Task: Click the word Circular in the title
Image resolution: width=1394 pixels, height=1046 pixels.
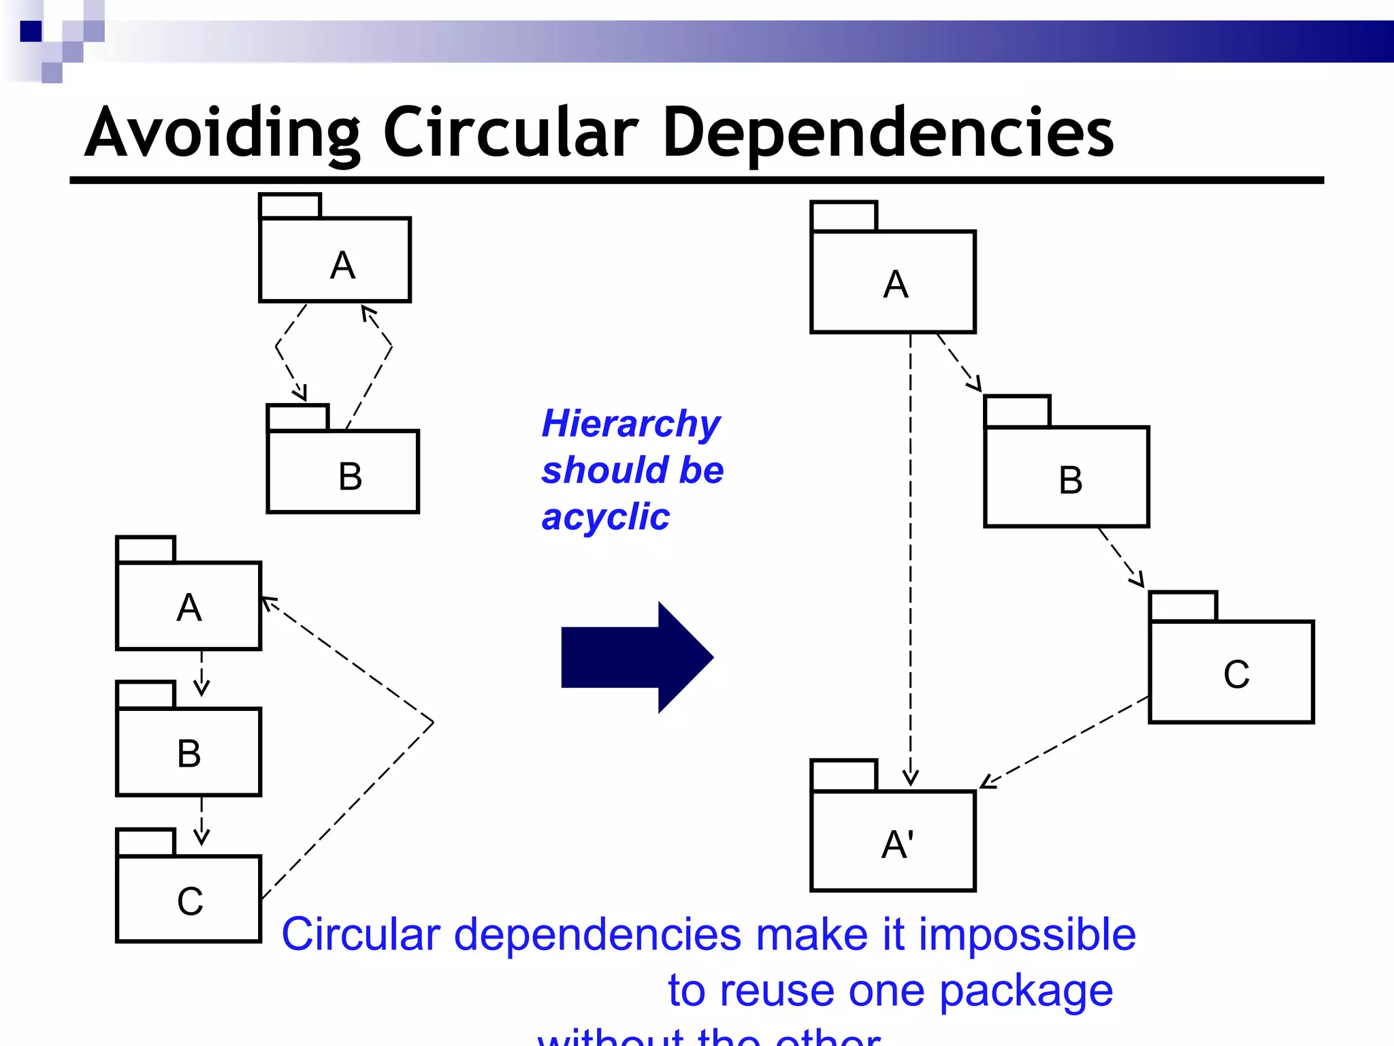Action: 510,133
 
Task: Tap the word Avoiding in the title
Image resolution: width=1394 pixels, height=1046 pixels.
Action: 222,133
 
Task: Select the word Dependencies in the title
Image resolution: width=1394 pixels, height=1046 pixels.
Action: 888,133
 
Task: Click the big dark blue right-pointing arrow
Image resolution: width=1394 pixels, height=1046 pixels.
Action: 636,658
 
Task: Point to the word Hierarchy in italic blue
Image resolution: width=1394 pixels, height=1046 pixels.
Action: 630,424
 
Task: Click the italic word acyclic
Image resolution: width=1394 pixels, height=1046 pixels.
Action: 605,517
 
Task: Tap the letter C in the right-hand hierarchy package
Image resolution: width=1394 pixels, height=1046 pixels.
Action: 1235,675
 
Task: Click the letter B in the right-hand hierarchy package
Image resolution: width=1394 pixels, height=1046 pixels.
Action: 1070,480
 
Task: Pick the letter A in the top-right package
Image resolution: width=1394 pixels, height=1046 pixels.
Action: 895,284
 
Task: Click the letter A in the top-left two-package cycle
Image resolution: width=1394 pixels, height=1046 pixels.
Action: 342,265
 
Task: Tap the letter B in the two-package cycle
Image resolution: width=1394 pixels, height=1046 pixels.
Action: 350,476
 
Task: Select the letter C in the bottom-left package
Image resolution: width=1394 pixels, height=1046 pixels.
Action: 190,901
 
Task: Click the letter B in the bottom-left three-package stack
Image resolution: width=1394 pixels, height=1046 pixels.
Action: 189,754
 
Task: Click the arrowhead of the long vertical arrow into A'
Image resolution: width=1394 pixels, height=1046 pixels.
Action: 910,778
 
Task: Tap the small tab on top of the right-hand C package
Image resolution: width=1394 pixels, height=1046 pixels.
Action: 1182,606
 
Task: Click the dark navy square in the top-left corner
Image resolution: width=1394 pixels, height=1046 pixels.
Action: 31,31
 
